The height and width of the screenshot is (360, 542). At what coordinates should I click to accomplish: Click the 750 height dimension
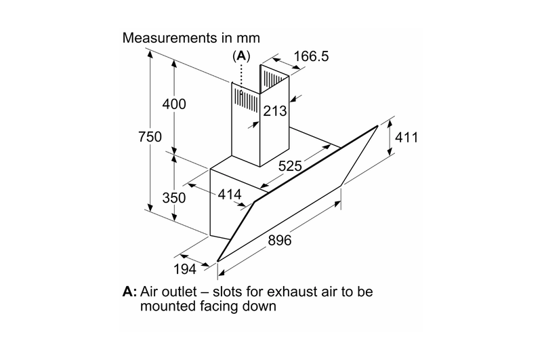pos(150,136)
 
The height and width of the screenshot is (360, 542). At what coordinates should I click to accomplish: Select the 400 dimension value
pos(174,104)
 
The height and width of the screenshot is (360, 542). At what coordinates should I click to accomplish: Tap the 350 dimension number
pos(174,197)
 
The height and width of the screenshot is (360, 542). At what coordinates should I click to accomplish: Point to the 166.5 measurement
pos(311,56)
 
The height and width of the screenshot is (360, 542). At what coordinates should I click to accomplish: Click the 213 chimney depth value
pos(275,111)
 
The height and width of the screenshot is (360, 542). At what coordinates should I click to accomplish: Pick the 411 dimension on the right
pos(406,138)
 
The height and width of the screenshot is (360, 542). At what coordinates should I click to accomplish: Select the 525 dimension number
pos(291,166)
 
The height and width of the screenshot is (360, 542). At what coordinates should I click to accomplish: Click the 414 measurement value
pos(230,195)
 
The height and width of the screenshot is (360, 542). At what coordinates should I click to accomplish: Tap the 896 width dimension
pos(280,240)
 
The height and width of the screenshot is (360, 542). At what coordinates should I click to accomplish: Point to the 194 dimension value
pos(185,268)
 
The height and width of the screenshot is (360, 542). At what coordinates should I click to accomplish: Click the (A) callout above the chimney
pos(241,56)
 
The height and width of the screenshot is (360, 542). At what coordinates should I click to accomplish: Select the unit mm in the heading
pos(248,39)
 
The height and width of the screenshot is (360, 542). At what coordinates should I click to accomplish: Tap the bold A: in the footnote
pos(130,292)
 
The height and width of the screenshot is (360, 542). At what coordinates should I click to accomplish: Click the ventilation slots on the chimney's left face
pos(246,100)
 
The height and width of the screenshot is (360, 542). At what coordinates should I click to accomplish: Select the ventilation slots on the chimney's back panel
pos(274,79)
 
